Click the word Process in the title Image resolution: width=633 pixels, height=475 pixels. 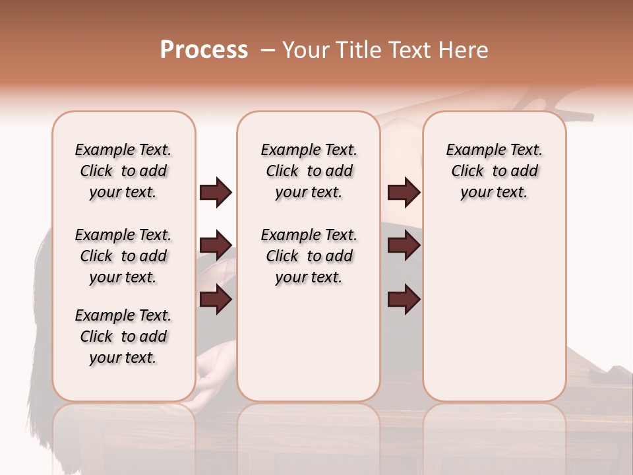coord(204,50)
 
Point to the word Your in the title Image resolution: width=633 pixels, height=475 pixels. coord(306,50)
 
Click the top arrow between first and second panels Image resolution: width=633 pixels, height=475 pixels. coord(216,193)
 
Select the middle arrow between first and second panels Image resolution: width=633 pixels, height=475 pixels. coord(216,245)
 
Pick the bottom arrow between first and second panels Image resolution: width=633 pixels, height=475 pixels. coord(216,300)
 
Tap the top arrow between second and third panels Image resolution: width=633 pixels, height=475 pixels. coord(404,193)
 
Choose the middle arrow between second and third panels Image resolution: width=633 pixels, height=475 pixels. coord(404,245)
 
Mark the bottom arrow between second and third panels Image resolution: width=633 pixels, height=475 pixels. coord(404,300)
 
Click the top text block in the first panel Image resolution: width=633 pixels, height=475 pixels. coord(123,171)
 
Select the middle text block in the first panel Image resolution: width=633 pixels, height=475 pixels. coord(123,256)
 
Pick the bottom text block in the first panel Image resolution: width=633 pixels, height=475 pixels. coord(123,336)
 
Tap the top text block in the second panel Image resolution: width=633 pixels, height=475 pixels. coord(309,171)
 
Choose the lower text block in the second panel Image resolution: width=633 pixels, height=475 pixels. coord(309,256)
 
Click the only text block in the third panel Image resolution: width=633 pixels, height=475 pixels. coord(494,171)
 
